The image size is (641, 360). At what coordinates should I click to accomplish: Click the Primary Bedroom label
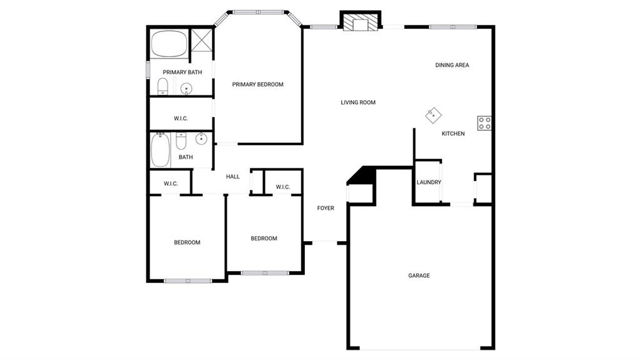[257, 85]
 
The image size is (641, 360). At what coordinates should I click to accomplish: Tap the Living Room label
[358, 103]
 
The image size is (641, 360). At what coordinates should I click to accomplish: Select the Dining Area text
[452, 65]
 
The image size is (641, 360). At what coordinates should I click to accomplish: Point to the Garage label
[419, 275]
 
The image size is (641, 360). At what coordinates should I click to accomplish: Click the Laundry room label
[429, 182]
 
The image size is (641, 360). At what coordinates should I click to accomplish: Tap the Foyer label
[326, 208]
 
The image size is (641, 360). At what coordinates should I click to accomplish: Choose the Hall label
[233, 177]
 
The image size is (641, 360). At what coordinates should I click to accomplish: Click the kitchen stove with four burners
[485, 123]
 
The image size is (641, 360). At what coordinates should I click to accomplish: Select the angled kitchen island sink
[433, 116]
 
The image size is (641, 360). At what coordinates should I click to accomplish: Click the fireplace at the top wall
[361, 23]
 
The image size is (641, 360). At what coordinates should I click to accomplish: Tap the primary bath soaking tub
[169, 44]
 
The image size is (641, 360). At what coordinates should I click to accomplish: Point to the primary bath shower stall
[202, 40]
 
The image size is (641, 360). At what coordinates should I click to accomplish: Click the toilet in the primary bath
[163, 87]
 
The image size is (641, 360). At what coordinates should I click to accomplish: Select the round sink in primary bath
[187, 88]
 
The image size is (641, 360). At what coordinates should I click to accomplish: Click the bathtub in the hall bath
[161, 150]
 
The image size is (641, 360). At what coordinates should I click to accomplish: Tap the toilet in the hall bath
[181, 141]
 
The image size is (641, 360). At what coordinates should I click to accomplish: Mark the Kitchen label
[453, 134]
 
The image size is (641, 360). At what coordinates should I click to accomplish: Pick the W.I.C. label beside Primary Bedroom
[181, 118]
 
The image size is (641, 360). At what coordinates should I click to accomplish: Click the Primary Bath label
[182, 73]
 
